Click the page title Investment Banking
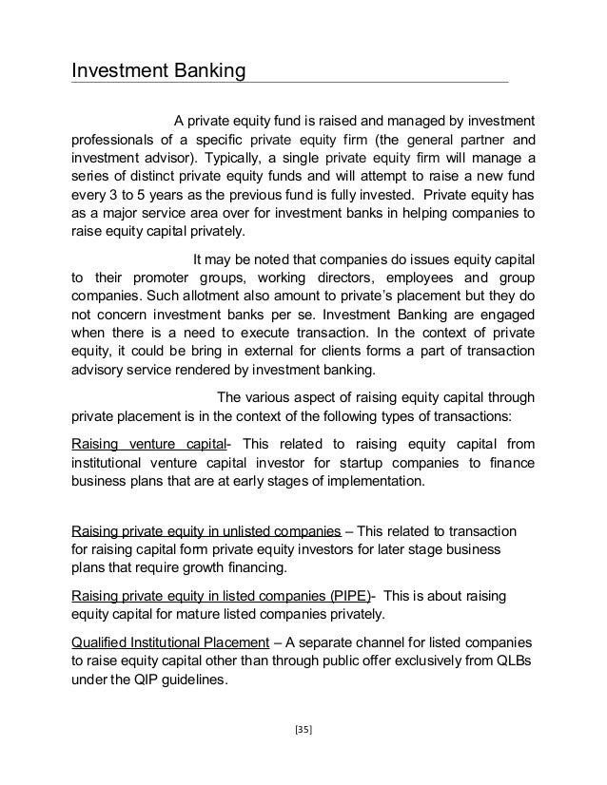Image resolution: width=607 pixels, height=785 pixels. (x=160, y=71)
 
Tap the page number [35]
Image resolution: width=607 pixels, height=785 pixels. (x=303, y=732)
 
